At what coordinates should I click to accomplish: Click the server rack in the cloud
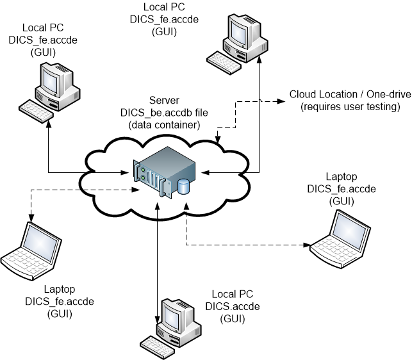click(164, 172)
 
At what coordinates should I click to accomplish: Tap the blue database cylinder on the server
click(183, 186)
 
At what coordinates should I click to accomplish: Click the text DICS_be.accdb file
click(164, 113)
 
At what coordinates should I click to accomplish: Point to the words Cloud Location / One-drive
click(350, 94)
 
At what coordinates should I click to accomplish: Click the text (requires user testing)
click(350, 107)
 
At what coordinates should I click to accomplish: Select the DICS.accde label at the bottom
click(233, 306)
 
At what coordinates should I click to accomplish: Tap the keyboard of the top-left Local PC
click(36, 111)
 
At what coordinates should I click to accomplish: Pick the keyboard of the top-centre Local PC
click(224, 63)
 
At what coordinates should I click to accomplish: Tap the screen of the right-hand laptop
click(349, 231)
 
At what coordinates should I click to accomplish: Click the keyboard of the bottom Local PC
click(157, 347)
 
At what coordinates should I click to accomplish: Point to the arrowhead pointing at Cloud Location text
click(282, 101)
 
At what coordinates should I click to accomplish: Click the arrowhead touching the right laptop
click(307, 245)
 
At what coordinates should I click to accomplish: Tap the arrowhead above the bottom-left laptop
click(31, 218)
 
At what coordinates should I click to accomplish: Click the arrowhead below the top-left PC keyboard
click(48, 124)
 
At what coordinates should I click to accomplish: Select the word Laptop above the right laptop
click(342, 177)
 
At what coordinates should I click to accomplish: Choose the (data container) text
click(164, 125)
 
